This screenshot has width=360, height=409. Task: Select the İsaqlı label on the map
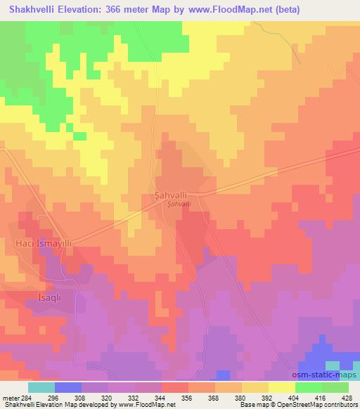click(x=43, y=297)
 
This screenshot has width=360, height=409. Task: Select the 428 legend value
click(x=346, y=397)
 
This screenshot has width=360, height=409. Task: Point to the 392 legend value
click(x=266, y=397)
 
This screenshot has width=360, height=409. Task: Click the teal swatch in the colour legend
click(x=41, y=387)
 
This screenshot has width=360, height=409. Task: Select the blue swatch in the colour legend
click(x=68, y=387)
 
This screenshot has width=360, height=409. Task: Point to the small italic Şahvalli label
click(x=179, y=204)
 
